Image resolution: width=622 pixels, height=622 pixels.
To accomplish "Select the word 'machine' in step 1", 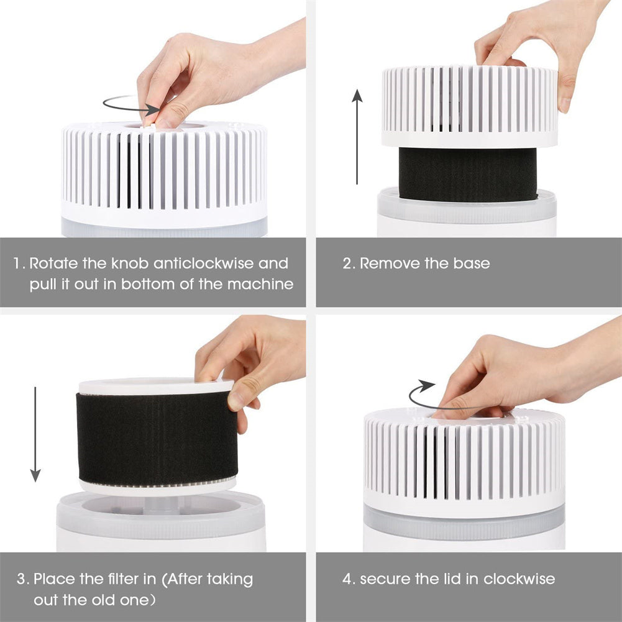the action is tap(260, 284).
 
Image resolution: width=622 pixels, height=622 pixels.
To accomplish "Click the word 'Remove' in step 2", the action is tap(390, 263).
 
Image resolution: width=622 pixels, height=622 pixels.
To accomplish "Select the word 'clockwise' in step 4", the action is tap(519, 579).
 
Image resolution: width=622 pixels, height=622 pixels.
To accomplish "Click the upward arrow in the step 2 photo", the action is tap(357, 137).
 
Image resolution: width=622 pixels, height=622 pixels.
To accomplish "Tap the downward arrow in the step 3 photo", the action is tap(35, 434).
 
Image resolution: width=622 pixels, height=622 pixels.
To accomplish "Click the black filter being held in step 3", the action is tap(157, 438).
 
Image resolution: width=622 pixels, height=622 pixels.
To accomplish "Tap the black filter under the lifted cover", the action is tap(468, 174).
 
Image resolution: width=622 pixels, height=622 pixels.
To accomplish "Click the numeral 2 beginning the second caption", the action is tap(347, 264).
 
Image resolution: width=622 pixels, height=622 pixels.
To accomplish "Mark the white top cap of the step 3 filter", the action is tap(157, 386).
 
